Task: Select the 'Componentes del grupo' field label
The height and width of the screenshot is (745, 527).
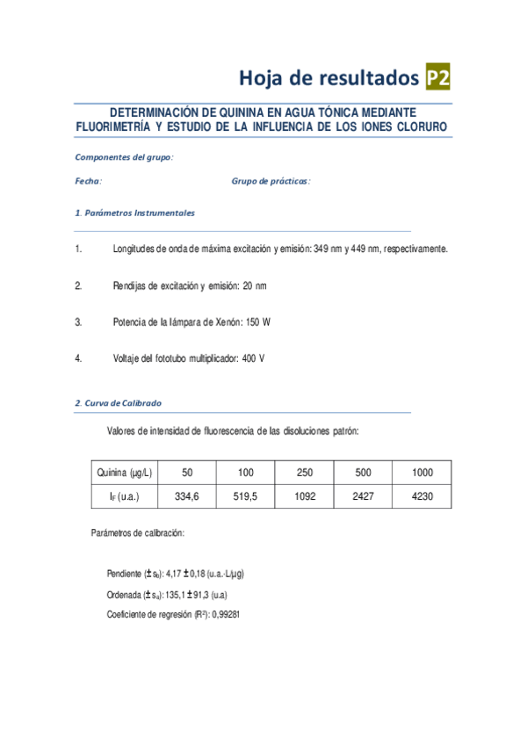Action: [x=124, y=157]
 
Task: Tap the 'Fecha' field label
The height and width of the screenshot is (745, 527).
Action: [x=88, y=181]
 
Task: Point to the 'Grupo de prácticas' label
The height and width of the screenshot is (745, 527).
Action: [x=271, y=181]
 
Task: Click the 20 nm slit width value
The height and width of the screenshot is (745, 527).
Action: [x=254, y=286]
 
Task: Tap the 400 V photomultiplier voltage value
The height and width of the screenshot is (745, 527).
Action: [x=253, y=358]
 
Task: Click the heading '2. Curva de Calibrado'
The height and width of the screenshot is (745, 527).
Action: [x=118, y=403]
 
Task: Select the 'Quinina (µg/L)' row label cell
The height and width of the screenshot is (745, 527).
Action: [x=125, y=473]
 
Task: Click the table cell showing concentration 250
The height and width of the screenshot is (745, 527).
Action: [x=305, y=473]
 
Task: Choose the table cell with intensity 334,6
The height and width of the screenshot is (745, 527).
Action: [x=188, y=496]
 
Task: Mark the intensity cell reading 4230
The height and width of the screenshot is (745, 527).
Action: [x=422, y=496]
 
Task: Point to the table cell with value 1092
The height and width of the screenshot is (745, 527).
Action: [x=305, y=496]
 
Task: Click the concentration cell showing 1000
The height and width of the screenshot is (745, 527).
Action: [x=422, y=473]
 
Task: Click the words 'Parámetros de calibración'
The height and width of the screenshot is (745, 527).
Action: [x=137, y=533]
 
